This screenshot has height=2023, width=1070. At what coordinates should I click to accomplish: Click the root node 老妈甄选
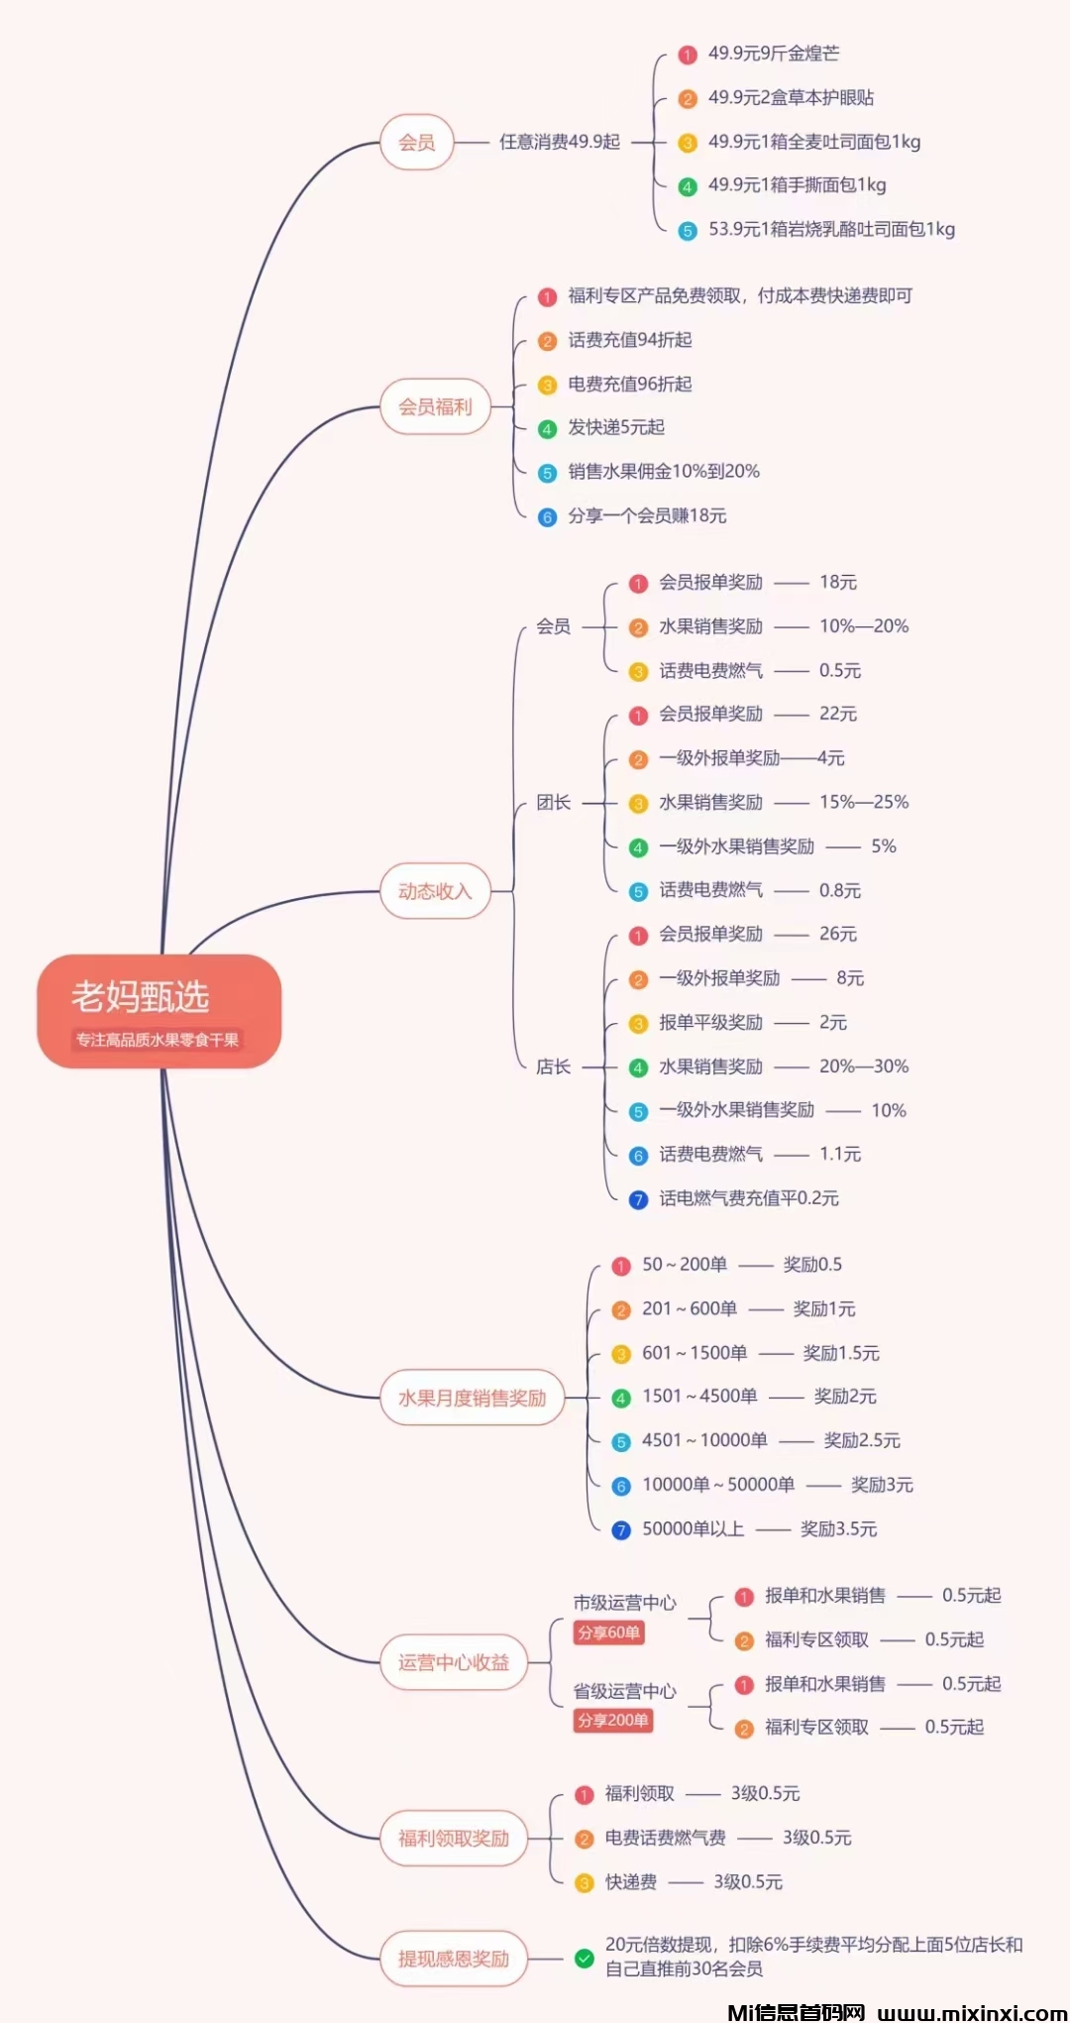(x=159, y=1010)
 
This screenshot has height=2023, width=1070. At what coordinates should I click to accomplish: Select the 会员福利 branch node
(x=435, y=406)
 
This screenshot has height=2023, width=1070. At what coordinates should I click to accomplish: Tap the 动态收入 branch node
(x=435, y=891)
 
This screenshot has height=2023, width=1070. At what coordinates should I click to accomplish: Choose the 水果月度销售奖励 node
(x=472, y=1398)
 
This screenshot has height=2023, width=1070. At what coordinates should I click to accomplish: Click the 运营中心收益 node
(x=454, y=1662)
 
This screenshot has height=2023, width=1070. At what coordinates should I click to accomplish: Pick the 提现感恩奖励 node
(x=454, y=1959)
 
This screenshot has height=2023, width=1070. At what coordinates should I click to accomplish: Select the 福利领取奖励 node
(x=454, y=1839)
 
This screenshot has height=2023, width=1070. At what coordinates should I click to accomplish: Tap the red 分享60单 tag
(x=609, y=1632)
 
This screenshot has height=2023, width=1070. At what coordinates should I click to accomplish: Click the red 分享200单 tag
(x=613, y=1721)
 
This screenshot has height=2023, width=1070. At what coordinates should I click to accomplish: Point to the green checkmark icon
(x=585, y=1958)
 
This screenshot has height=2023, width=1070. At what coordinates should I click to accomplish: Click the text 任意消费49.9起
(x=560, y=142)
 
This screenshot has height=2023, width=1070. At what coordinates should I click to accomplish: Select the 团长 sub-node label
(x=553, y=803)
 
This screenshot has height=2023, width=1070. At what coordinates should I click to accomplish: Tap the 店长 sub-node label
(x=553, y=1067)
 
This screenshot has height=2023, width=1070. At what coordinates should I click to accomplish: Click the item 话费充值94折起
(x=630, y=340)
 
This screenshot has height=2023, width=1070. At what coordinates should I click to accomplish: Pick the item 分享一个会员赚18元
(x=647, y=515)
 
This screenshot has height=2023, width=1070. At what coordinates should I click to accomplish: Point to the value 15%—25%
(x=864, y=802)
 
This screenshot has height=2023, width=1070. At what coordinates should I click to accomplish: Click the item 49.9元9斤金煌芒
(x=774, y=54)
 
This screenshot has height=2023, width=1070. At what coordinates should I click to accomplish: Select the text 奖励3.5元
(x=839, y=1528)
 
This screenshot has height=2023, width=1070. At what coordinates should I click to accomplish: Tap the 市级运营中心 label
(x=624, y=1603)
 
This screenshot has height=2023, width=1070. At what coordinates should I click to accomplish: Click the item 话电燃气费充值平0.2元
(x=749, y=1198)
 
